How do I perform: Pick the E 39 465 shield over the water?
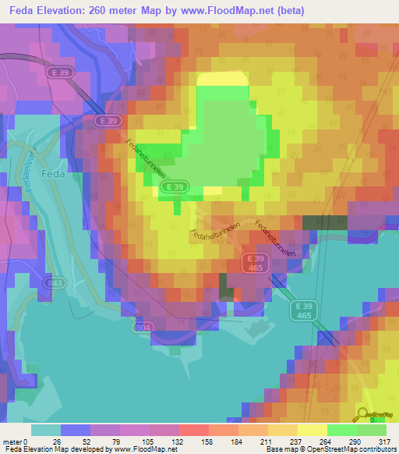click(305, 310)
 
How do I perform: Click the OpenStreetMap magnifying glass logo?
click(363, 414)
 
